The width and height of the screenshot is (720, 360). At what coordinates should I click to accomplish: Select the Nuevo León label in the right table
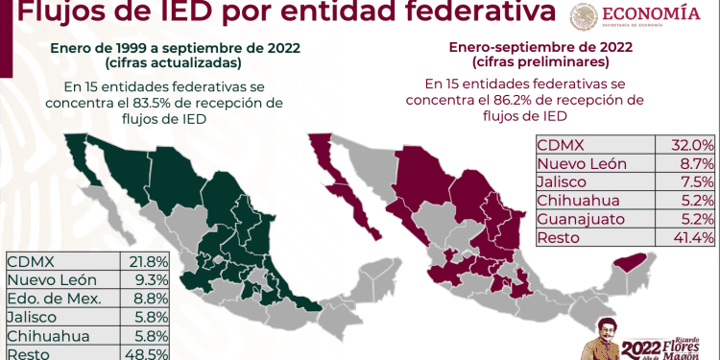(582, 163)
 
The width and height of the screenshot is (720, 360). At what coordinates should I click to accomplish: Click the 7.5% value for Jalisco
(694, 182)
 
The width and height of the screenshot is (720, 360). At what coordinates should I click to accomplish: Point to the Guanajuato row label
(583, 220)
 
